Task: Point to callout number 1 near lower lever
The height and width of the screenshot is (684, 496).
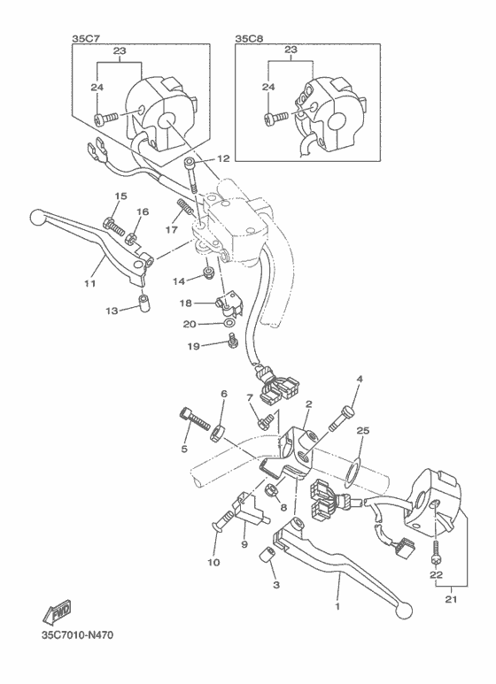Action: coord(337,607)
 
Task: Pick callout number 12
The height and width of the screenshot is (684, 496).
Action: coord(221,158)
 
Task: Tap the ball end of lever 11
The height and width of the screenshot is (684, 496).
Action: coord(36,216)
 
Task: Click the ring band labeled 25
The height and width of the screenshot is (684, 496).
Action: coord(352,469)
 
